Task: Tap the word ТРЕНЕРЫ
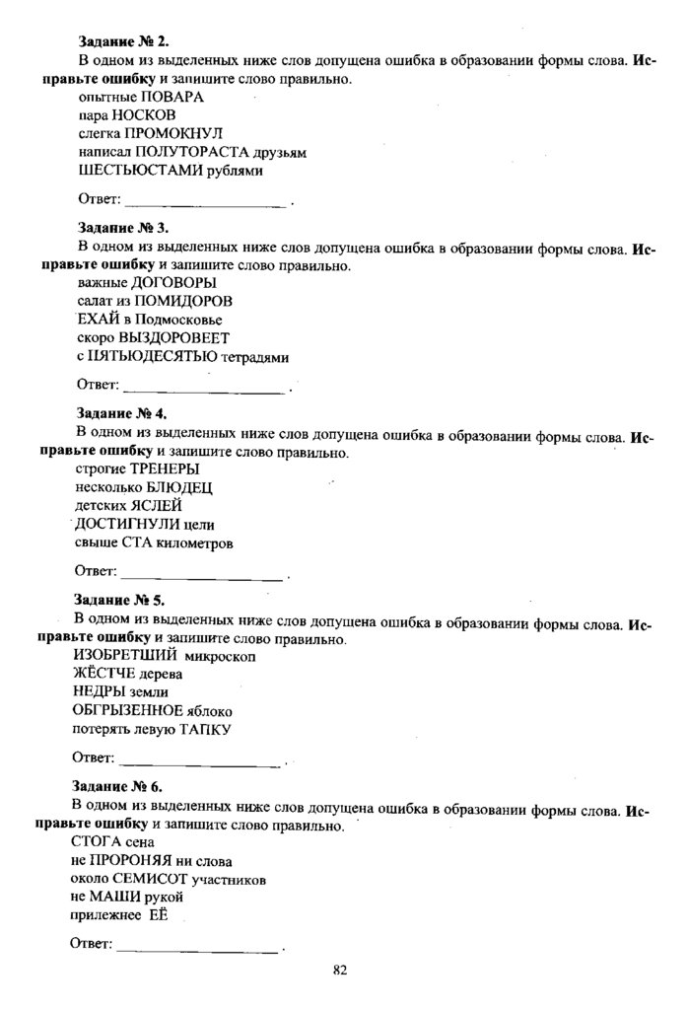pyautogui.click(x=166, y=469)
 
